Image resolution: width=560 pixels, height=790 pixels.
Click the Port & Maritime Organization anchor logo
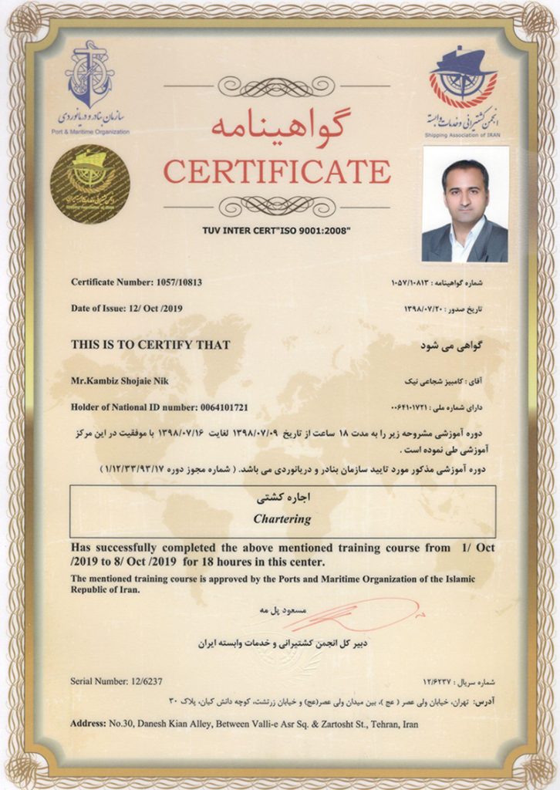pyautogui.click(x=90, y=77)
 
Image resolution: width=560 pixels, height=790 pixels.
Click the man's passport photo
pyautogui.click(x=464, y=204)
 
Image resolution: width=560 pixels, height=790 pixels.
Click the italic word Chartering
pyautogui.click(x=282, y=519)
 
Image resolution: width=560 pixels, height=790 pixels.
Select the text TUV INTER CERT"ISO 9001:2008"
pyautogui.click(x=276, y=230)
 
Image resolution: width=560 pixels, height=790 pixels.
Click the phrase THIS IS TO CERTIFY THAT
pyautogui.click(x=150, y=345)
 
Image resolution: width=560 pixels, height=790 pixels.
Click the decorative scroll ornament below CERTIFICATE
pyautogui.click(x=276, y=205)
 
